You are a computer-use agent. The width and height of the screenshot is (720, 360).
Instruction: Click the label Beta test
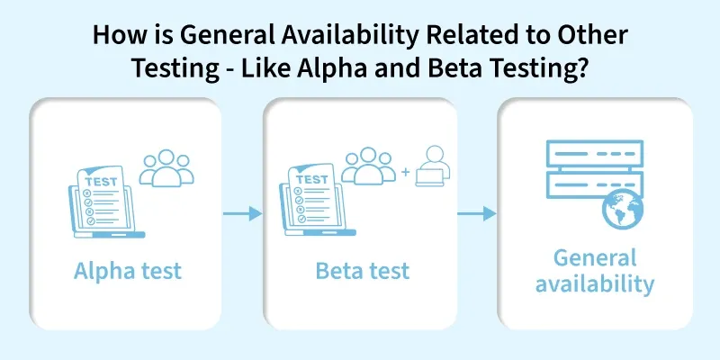click(x=362, y=271)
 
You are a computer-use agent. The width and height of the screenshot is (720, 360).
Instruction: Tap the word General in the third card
click(x=595, y=258)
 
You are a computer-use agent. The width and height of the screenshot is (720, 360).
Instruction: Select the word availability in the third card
click(x=595, y=285)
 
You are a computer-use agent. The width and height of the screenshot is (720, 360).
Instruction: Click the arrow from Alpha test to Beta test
click(x=242, y=214)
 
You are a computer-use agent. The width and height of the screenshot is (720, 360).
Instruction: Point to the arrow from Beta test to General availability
click(x=477, y=214)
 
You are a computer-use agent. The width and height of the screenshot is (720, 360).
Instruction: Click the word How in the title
click(x=117, y=37)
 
